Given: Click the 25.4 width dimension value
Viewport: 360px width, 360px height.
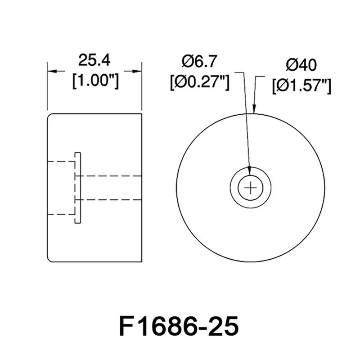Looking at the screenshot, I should click(x=94, y=60).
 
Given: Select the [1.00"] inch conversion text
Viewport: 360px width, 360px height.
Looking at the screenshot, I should click(x=95, y=81).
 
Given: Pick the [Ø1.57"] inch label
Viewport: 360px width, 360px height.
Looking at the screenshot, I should click(x=301, y=85).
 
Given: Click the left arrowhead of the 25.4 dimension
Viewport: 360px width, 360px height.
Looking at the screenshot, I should click(x=51, y=71).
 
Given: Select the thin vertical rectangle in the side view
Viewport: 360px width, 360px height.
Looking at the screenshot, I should click(x=78, y=187).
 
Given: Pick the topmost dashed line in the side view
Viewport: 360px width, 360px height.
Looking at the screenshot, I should click(x=61, y=161).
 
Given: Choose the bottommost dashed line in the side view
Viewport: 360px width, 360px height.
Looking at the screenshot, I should click(x=61, y=214).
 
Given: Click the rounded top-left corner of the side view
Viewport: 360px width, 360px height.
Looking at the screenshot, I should click(x=49, y=116).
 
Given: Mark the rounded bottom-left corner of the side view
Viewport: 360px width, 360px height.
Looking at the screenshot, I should click(x=49, y=260).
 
